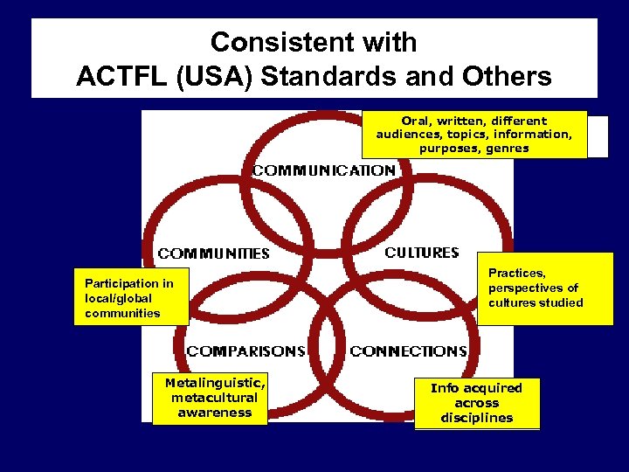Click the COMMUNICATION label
[x=323, y=170]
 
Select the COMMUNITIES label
[x=214, y=253]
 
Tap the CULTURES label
[x=422, y=253]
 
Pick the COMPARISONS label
[x=246, y=351]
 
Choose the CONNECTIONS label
[x=409, y=351]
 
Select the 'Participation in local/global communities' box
[x=130, y=298]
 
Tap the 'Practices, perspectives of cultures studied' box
[x=545, y=288]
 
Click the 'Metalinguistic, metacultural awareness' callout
[x=210, y=399]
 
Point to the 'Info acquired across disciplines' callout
[x=477, y=403]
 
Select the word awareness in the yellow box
[x=214, y=413]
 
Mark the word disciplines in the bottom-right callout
[x=477, y=418]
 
